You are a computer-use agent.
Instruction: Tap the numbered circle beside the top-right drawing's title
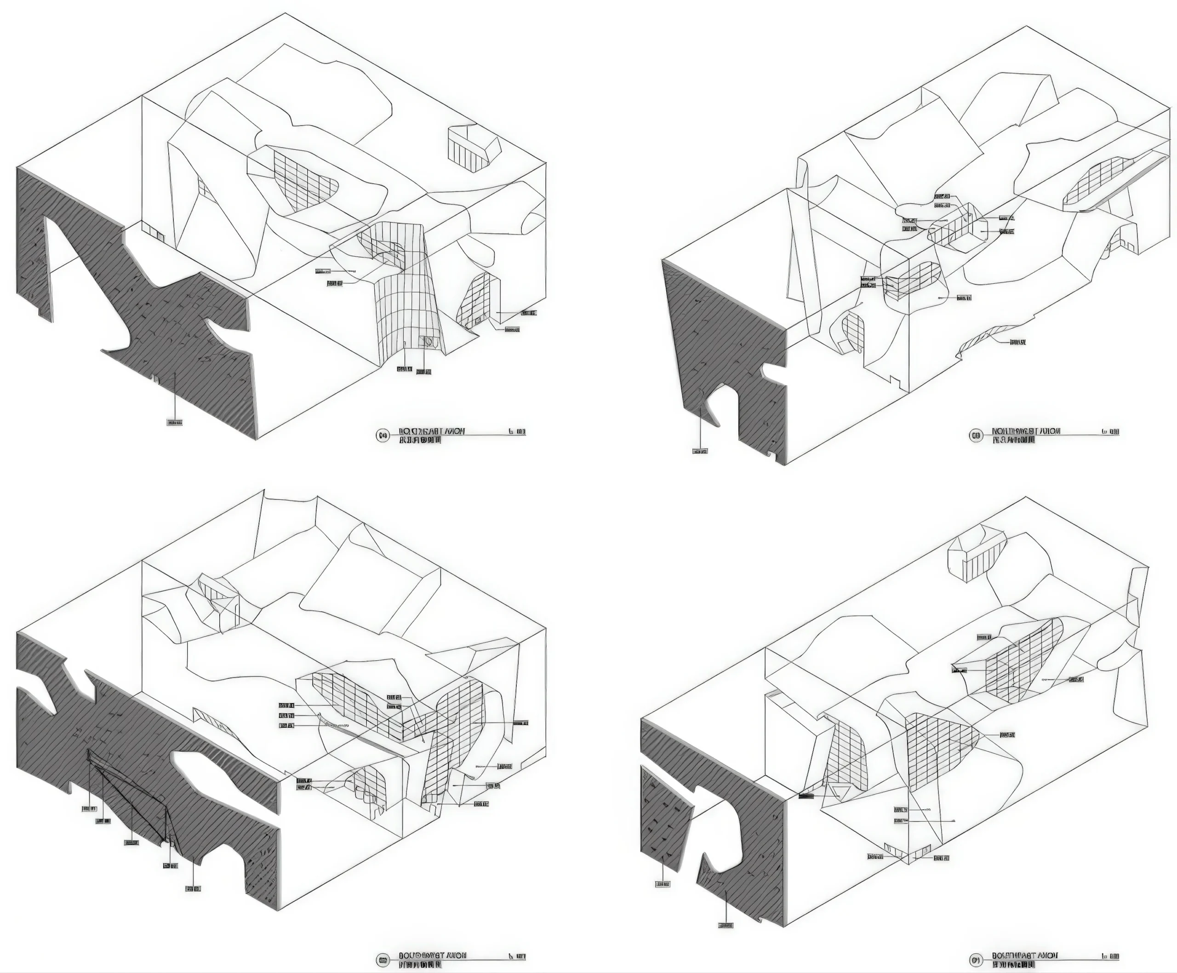coord(976,435)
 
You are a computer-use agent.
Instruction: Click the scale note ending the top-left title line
coord(517,432)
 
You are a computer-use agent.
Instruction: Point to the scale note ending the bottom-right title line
coord(1110,956)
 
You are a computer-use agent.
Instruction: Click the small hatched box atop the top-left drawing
coord(473,148)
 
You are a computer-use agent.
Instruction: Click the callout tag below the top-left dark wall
coord(175,423)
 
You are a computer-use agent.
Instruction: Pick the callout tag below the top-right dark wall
coord(700,451)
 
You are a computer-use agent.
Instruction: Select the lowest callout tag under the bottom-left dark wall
coord(193,888)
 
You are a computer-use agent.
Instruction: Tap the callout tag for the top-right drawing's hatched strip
coord(1018,342)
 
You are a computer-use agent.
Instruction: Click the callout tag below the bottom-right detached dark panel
coord(663,884)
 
